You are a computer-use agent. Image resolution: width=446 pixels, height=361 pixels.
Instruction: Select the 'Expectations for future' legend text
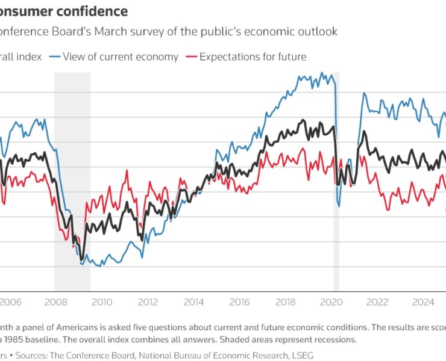point(253,57)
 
